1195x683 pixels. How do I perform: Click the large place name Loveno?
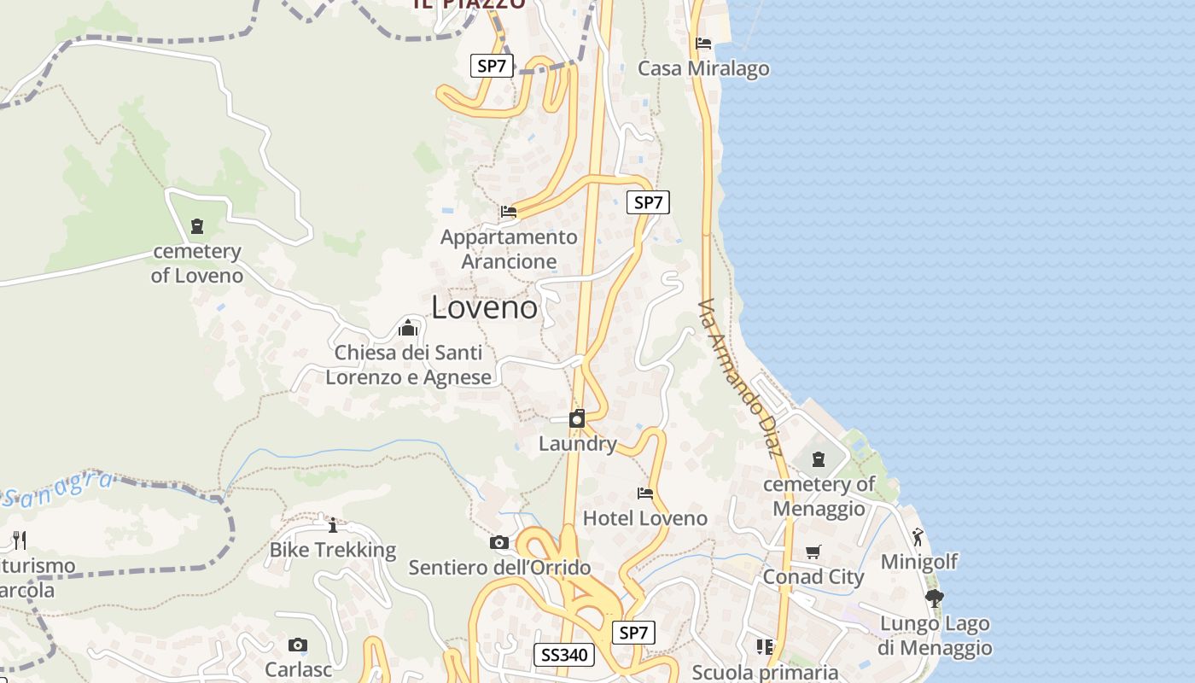[x=484, y=307]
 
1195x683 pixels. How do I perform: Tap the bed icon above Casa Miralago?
[x=703, y=43]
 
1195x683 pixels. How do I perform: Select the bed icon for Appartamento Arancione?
[x=509, y=211]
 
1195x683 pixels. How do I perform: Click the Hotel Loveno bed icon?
[x=645, y=493]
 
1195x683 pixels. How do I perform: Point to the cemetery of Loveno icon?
[x=197, y=226]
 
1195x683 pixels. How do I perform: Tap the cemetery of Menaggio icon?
[x=819, y=459]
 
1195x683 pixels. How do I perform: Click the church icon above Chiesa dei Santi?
[x=408, y=328]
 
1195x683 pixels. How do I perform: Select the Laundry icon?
[x=577, y=418]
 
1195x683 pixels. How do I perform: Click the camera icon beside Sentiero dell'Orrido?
[x=499, y=543]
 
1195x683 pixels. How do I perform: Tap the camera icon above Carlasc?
[x=297, y=645]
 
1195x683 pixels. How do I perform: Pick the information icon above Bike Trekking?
[x=333, y=525]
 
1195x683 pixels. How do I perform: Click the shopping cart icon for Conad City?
[x=813, y=552]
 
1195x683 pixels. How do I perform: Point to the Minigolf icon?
[x=918, y=537]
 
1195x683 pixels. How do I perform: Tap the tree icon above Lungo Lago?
[x=934, y=598]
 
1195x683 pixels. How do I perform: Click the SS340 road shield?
[x=564, y=655]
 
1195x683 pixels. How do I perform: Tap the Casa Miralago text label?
[x=703, y=68]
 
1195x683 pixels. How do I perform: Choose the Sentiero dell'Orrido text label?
[x=499, y=568]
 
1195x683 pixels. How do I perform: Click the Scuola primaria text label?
[x=765, y=672]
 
